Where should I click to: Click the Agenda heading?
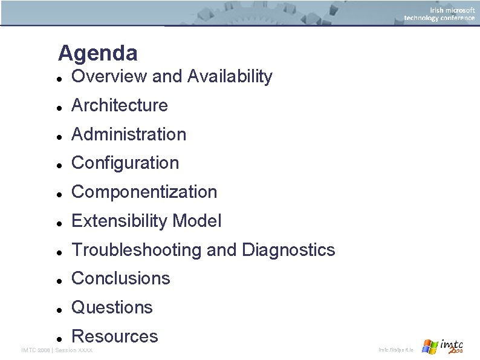coord(97,53)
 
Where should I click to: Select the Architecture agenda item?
coord(119,105)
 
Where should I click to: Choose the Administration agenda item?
coord(129,134)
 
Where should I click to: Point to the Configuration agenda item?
coord(125,163)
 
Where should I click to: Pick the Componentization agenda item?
coord(144,192)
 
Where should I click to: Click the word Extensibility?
coord(120,221)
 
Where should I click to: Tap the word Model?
coord(197,221)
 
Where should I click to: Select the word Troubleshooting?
coord(137,249)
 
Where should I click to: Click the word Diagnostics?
coord(288,249)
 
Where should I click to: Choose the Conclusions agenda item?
coord(121,278)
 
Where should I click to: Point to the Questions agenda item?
coord(112,307)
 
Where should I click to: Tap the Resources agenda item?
coord(114,336)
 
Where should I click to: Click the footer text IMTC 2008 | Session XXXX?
coord(57,350)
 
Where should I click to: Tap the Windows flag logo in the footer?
coord(430,347)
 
